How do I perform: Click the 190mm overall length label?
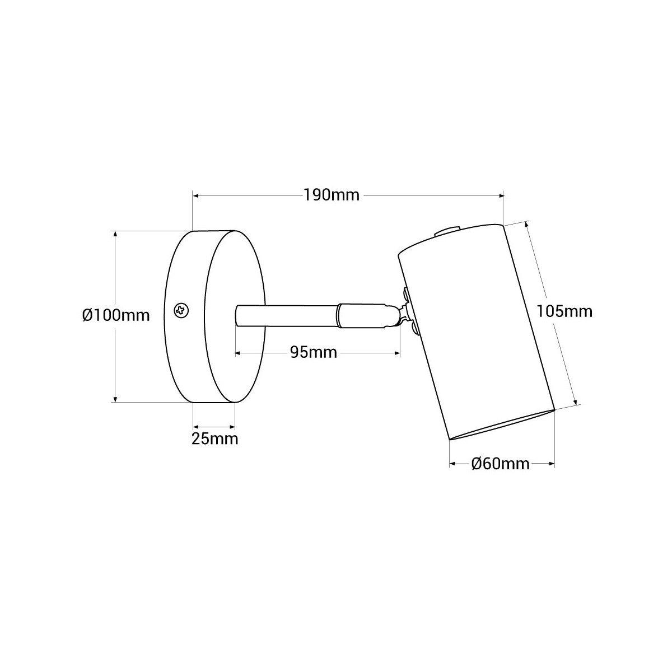pos(332,195)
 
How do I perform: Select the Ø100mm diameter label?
pos(116,315)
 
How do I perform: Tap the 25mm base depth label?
pos(214,438)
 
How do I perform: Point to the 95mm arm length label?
pos(313,352)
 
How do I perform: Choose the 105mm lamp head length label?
pos(564,311)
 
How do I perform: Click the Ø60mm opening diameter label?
pos(500,464)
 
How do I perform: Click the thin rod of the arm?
pos(286,314)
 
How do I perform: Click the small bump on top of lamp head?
pos(447,230)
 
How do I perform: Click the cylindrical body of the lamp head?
pos(476,330)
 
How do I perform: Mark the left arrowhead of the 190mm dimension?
pos(195,195)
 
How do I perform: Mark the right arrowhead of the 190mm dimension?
pos(501,195)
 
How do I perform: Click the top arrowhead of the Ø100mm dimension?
pos(115,234)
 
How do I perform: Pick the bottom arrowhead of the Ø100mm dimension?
pos(115,398)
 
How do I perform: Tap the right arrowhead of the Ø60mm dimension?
pos(552,464)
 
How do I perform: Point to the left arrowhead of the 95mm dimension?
pos(238,353)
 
